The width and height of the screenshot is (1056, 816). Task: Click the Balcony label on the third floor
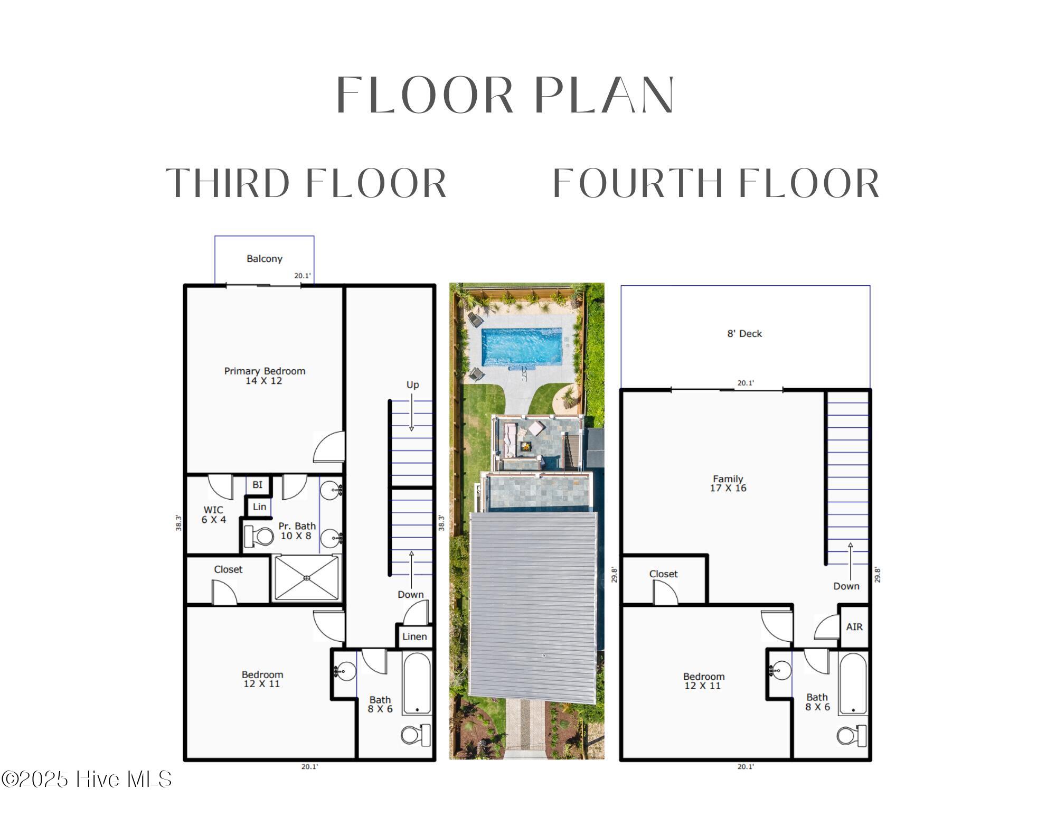pyautogui.click(x=265, y=259)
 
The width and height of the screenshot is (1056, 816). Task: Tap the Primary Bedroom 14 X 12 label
pyautogui.click(x=265, y=376)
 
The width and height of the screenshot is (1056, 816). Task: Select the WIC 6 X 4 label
pyautogui.click(x=213, y=514)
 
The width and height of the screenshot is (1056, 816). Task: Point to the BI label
pyautogui.click(x=257, y=485)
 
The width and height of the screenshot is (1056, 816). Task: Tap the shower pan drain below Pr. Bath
pyautogui.click(x=307, y=578)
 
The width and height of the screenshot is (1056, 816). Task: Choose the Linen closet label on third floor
pyautogui.click(x=414, y=636)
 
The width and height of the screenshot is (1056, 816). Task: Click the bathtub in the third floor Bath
pyautogui.click(x=417, y=683)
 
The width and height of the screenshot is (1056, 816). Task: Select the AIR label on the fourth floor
pyautogui.click(x=854, y=627)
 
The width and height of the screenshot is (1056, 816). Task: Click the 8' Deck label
pyautogui.click(x=744, y=334)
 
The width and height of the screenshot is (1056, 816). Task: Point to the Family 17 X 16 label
pyautogui.click(x=728, y=483)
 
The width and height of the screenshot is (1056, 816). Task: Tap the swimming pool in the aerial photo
pyautogui.click(x=522, y=346)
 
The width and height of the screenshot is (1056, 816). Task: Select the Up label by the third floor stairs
pyautogui.click(x=412, y=384)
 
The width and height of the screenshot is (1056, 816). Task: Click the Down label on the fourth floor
pyautogui.click(x=846, y=586)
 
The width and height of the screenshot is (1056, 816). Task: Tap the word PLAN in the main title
pyautogui.click(x=604, y=95)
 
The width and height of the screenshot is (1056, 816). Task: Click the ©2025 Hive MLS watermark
pyautogui.click(x=86, y=780)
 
